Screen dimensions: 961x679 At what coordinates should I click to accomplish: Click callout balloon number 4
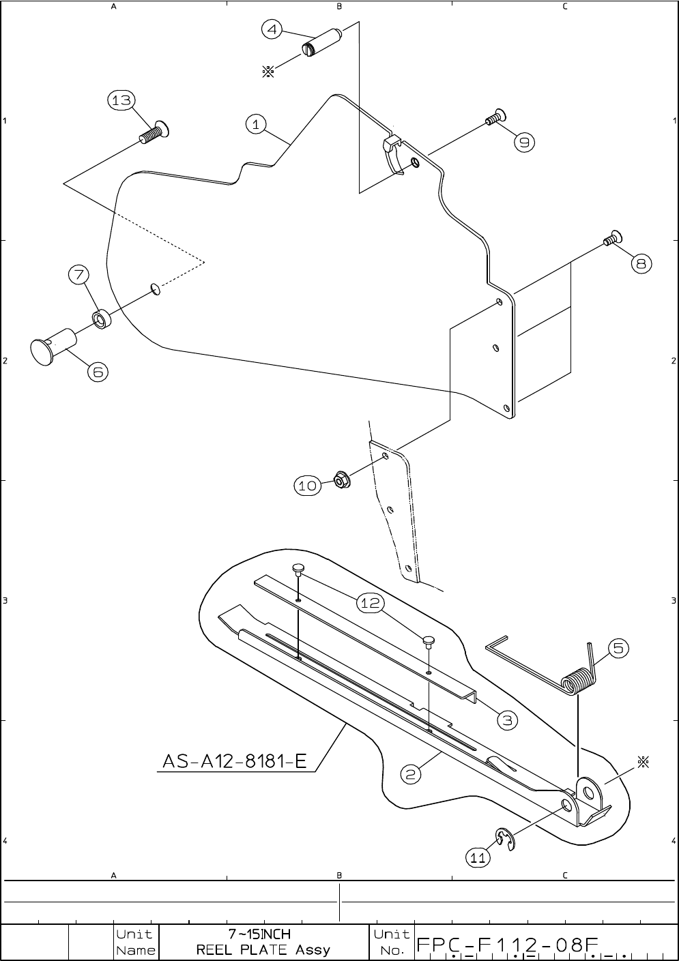[272, 30]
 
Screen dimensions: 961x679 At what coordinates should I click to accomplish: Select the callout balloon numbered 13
[121, 100]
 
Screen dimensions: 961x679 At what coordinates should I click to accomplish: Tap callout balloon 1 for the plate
[255, 124]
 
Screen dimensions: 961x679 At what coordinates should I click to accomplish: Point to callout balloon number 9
[524, 142]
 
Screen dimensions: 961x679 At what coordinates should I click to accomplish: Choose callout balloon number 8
[641, 263]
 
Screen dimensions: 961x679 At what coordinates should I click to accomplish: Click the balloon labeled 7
[78, 275]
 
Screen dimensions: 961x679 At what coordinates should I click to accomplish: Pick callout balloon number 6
[98, 372]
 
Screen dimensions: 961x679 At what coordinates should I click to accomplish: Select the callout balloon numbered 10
[307, 486]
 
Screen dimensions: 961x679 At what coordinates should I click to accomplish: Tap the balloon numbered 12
[370, 603]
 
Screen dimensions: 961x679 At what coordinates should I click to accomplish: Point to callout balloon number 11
[478, 858]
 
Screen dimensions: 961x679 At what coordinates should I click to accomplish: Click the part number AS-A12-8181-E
[235, 760]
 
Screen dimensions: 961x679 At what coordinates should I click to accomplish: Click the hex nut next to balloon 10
[338, 479]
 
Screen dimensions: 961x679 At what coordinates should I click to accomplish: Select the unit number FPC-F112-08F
[508, 945]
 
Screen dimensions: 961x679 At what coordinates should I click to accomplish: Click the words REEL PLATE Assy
[263, 949]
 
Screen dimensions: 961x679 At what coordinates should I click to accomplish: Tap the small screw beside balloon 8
[611, 239]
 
